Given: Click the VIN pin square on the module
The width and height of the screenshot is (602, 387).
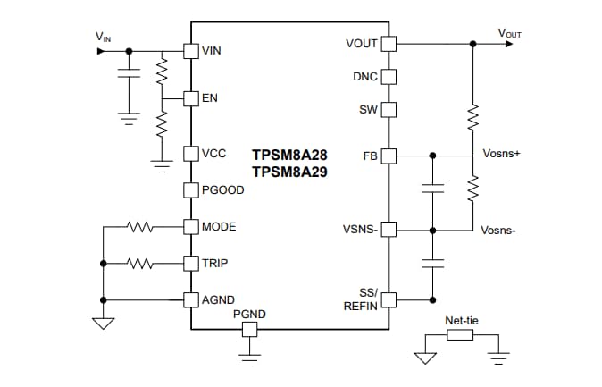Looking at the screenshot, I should point(190,51).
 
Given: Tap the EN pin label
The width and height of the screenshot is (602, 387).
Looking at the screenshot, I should point(210,97).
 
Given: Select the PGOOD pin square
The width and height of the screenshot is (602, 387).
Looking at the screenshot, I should point(190,189).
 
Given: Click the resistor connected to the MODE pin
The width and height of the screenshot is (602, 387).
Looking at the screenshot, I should point(141,227).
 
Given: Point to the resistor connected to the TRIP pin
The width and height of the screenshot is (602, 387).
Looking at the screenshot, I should point(141,264).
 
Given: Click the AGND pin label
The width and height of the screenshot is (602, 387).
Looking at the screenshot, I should point(219,299).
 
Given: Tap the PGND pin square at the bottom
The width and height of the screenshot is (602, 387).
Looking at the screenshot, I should point(250,330).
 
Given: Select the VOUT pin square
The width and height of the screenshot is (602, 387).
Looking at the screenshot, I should point(389,43).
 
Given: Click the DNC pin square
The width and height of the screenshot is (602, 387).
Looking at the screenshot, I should point(389,76).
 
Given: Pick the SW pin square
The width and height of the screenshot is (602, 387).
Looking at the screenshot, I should point(389,110).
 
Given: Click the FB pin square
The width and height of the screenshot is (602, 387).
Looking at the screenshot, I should point(389,156).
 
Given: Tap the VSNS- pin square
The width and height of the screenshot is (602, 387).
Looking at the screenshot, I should point(389,230).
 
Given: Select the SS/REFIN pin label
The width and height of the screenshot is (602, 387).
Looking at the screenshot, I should point(362,299).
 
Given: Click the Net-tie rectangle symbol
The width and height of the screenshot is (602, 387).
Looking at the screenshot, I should point(459,334).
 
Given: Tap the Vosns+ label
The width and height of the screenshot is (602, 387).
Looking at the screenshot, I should point(501,154).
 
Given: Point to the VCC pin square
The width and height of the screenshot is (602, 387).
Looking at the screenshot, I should point(190,154).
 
